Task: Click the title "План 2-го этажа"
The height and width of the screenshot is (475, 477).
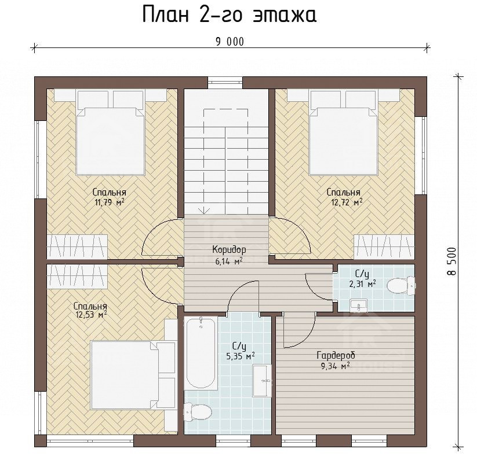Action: point(230,15)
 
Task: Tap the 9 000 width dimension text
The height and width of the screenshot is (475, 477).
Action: point(230,42)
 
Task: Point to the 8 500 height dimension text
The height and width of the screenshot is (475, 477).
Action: point(452,262)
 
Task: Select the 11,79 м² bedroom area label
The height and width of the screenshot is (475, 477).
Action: point(110,202)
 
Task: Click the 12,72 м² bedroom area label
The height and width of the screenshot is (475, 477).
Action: point(347,202)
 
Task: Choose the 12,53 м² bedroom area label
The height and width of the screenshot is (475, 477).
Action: point(90,315)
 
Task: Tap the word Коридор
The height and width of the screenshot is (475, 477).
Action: point(229,249)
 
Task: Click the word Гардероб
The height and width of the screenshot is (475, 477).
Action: point(336,355)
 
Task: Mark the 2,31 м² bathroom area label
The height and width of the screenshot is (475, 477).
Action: point(362,284)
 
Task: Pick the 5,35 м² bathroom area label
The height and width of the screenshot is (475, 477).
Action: point(241,356)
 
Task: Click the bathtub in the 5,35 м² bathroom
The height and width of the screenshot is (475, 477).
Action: point(201,352)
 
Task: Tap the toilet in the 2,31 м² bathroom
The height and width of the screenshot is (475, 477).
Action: point(401,285)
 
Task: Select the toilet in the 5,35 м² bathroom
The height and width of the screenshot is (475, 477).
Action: point(198,413)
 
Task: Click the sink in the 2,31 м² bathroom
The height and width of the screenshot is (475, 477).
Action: point(359,305)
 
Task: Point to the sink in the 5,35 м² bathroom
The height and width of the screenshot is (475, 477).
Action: point(262,381)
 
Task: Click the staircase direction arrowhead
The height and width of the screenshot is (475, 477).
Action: point(204,211)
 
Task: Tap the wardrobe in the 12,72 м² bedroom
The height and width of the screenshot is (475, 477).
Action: point(384,246)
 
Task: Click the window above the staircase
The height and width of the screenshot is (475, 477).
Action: point(225,83)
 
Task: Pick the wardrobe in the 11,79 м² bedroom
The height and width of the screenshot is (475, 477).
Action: point(77,246)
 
